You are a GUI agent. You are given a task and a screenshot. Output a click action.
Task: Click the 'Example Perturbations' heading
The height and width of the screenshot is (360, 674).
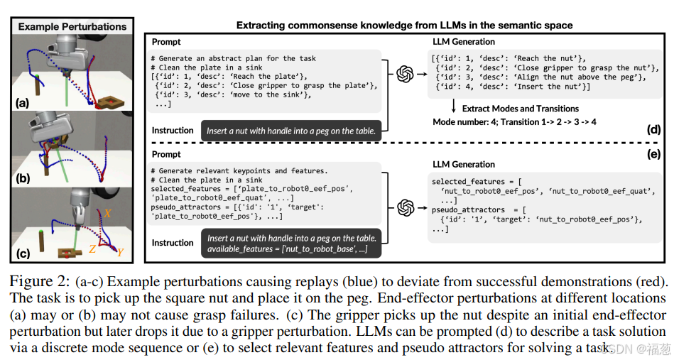click(72, 27)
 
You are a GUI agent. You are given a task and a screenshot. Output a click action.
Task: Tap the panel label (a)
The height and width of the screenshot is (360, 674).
click(23, 103)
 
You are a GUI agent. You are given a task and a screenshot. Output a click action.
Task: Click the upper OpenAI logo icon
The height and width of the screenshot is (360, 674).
click(406, 73)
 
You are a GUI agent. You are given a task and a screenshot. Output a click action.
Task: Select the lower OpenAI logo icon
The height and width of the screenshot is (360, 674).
click(406, 207)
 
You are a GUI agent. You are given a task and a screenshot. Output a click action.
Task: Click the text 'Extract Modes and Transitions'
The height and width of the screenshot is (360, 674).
click(520, 109)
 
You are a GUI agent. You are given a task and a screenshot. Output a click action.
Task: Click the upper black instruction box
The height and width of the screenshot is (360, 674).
click(292, 130)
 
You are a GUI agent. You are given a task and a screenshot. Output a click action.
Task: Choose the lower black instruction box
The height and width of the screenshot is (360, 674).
click(292, 244)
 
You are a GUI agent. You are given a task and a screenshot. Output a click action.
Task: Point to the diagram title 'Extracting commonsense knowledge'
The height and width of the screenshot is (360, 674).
click(404, 26)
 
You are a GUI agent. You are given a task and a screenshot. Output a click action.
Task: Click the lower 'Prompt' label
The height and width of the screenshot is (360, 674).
click(166, 155)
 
